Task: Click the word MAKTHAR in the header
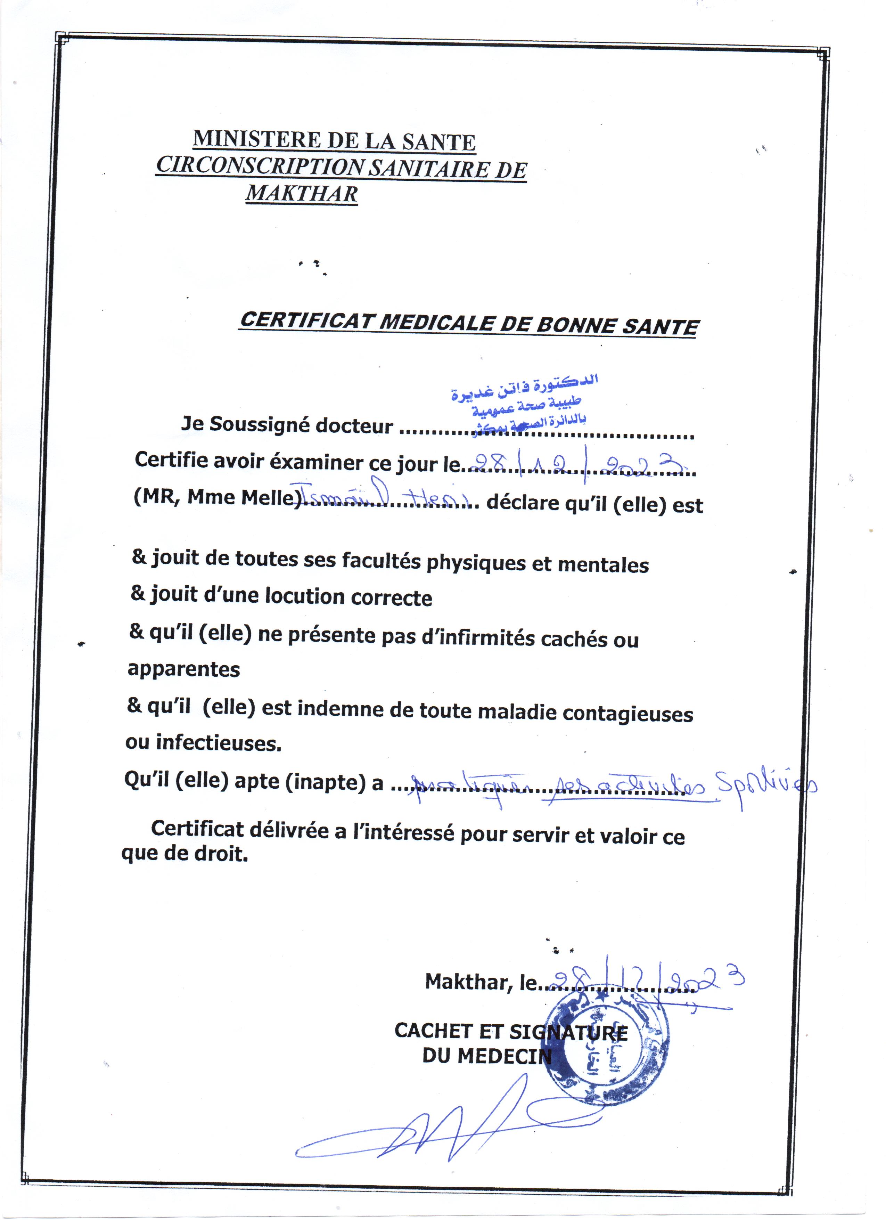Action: (302, 194)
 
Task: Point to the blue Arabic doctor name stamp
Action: (524, 403)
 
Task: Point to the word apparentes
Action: (183, 669)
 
